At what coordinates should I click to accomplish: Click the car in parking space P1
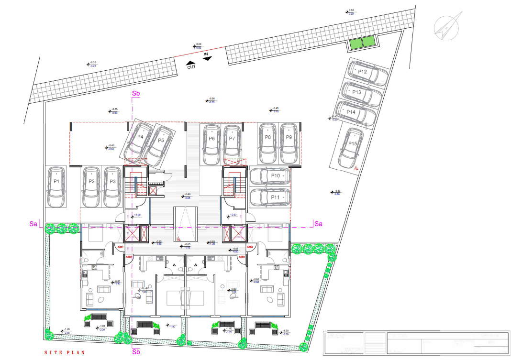coord(56,186)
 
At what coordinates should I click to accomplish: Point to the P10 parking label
coord(275,176)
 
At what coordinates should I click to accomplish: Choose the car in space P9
coord(289,143)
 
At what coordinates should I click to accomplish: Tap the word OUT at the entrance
coord(191,67)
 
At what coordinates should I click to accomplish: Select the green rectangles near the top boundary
coord(362,43)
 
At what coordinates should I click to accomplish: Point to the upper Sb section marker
coord(135,94)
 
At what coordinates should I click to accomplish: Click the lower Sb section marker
coord(135,351)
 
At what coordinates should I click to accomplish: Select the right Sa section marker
coord(318,223)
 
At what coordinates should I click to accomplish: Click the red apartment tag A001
coord(121,247)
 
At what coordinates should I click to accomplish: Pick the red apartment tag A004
coord(250,247)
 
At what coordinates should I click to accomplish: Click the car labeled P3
coord(112,186)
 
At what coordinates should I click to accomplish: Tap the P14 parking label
coord(351,112)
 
